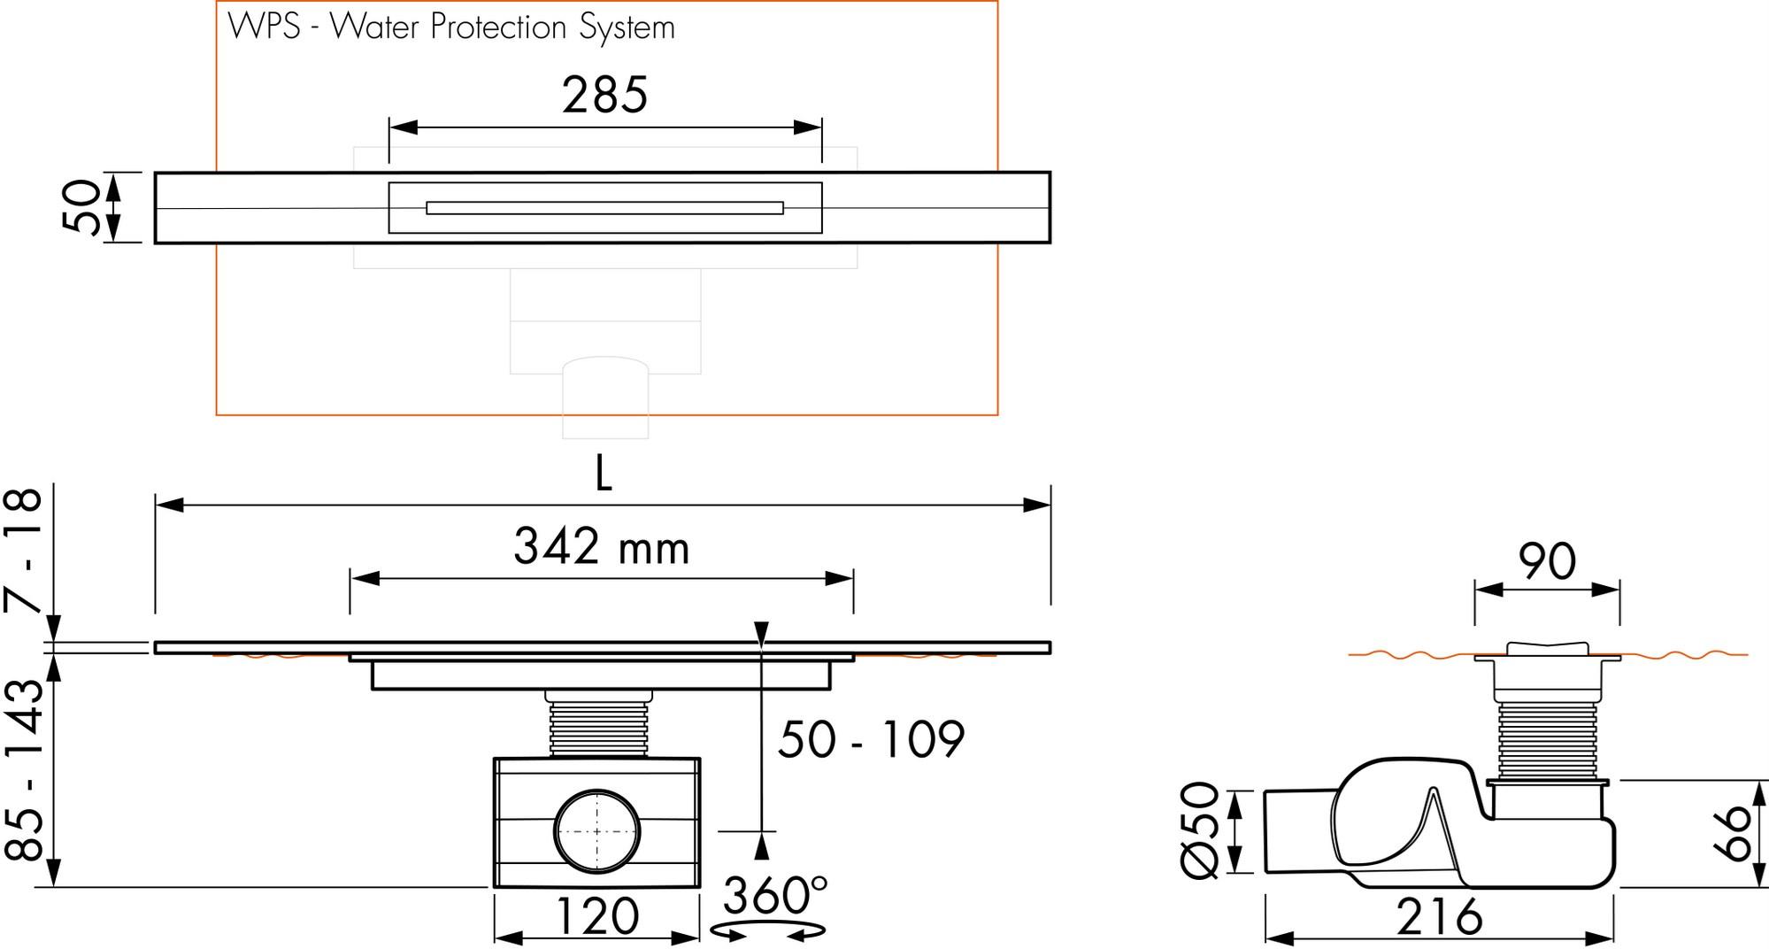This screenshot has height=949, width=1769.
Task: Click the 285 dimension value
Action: click(604, 95)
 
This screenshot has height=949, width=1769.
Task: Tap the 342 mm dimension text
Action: click(602, 547)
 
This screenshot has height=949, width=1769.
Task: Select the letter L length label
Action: click(603, 475)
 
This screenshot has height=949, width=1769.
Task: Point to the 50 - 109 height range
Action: click(870, 739)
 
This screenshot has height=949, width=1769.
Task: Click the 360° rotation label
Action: click(774, 895)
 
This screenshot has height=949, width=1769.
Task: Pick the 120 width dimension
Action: click(596, 916)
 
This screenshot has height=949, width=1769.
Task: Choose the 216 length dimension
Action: click(1439, 916)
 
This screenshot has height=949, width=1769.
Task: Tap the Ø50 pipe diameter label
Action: click(1201, 830)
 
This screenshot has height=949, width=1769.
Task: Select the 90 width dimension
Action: click(1547, 561)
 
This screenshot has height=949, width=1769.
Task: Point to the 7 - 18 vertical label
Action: click(25, 550)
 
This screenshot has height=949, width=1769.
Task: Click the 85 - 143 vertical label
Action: click(25, 770)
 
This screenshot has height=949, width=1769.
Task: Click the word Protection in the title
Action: click(498, 27)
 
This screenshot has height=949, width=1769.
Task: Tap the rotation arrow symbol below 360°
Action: click(767, 930)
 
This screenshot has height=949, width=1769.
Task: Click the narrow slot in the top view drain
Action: click(604, 208)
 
